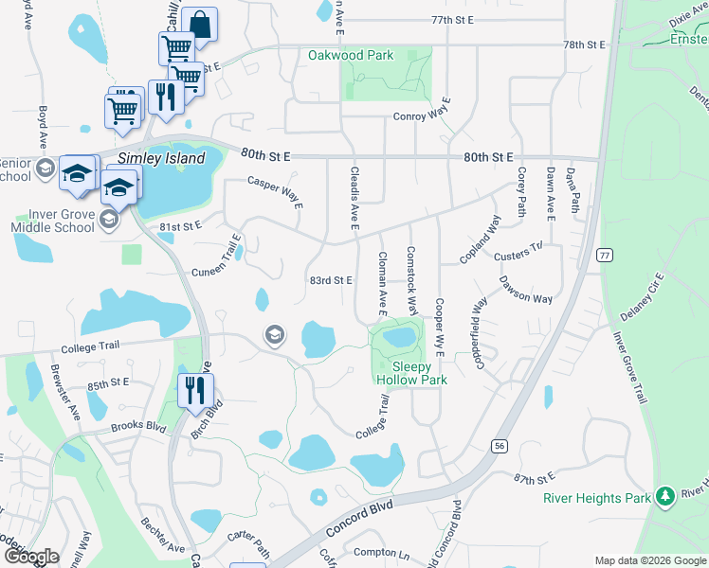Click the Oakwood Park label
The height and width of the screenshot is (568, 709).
click(351, 55)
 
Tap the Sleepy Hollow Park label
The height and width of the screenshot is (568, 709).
click(411, 373)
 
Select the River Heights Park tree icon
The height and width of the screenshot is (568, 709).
click(665, 496)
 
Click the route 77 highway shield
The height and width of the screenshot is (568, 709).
click(604, 256)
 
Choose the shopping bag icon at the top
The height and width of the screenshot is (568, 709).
click(200, 23)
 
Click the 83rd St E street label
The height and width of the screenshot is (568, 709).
click(331, 280)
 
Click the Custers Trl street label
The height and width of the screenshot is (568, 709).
click(518, 252)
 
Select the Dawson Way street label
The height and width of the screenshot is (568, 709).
click(526, 291)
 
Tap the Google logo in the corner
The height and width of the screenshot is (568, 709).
click(31, 556)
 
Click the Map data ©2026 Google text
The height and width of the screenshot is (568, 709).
click(649, 560)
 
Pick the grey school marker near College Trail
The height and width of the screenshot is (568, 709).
click(275, 334)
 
